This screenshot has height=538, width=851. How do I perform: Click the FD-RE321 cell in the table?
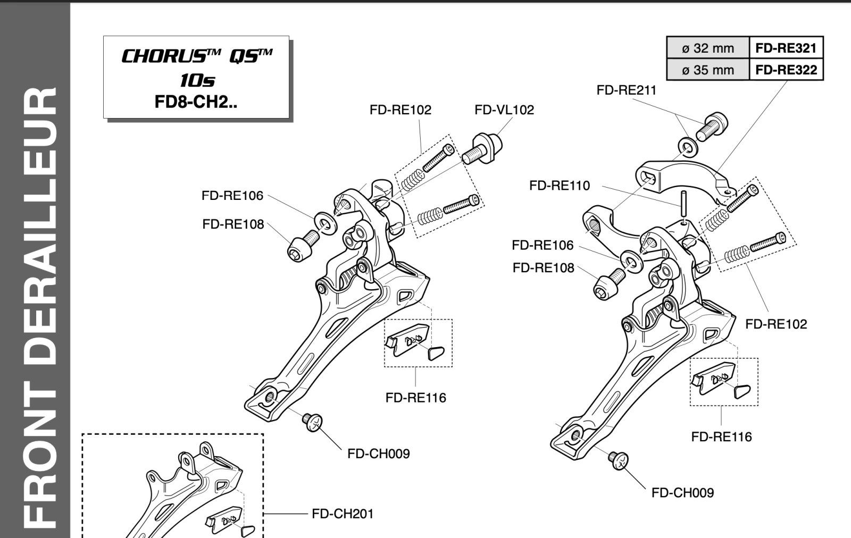click(x=786, y=48)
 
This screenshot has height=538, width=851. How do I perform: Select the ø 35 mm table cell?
click(x=708, y=70)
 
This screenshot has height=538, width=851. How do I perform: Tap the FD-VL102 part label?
click(x=504, y=110)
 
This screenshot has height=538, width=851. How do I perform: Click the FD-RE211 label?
click(x=627, y=90)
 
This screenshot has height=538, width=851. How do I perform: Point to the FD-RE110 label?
click(x=560, y=186)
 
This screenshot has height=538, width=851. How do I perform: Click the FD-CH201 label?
click(x=343, y=514)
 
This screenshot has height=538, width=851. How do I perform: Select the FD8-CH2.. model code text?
click(x=196, y=102)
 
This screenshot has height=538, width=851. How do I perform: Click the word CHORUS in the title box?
click(x=163, y=56)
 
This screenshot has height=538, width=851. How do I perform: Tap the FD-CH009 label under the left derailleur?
click(x=378, y=453)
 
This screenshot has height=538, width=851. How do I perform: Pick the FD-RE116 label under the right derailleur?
click(x=721, y=437)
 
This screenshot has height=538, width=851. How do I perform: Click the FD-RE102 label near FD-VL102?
click(x=401, y=110)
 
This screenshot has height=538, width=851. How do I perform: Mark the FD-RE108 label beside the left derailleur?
click(x=233, y=224)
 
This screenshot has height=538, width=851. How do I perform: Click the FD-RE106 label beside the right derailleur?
click(x=543, y=245)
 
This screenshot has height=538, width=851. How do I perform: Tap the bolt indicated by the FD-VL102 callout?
click(x=482, y=149)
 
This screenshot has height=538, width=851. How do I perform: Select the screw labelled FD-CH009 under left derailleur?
click(x=312, y=422)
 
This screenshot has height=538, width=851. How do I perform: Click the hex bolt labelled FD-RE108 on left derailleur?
click(x=303, y=246)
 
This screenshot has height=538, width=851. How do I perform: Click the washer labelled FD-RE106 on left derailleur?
click(x=326, y=223)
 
